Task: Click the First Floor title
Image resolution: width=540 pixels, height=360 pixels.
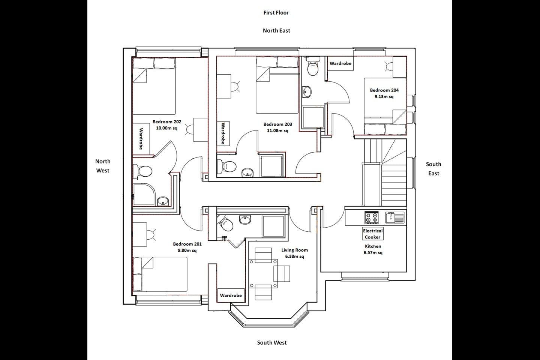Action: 276,13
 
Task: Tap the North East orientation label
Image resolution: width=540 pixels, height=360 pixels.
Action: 276,31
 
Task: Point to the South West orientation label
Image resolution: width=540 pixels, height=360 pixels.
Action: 272,342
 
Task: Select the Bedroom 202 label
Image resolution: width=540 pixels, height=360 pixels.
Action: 167,122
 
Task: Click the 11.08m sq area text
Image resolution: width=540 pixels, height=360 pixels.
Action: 277,131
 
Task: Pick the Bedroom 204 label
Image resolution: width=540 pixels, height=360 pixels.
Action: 384,90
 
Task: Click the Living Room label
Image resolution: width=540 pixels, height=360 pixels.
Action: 295,250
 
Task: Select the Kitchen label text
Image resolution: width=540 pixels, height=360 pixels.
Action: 373,246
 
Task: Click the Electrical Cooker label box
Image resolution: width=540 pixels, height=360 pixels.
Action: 373,234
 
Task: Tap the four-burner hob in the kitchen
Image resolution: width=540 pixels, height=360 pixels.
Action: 372,218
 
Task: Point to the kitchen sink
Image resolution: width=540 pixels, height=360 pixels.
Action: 395,217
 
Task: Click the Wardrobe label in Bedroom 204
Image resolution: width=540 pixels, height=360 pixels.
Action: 340,64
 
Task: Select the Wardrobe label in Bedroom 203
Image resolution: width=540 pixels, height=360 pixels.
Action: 223,133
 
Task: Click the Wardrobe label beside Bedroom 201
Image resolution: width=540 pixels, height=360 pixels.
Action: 231,295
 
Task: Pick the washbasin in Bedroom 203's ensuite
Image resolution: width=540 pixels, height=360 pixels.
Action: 247,172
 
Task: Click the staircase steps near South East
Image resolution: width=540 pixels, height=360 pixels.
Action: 394,184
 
